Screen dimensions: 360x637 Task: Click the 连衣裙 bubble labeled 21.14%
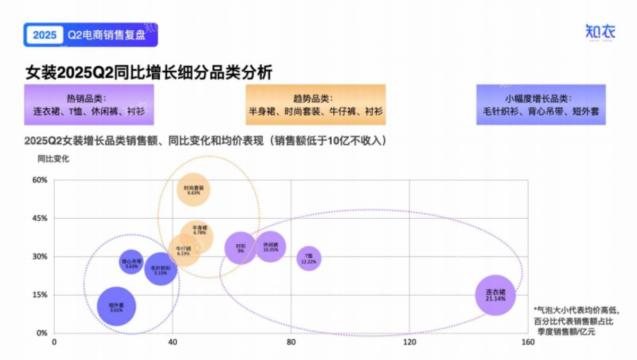495,295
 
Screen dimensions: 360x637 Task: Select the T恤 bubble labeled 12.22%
308,259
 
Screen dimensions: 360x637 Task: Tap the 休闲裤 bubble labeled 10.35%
271,246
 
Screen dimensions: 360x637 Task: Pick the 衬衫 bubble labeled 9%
241,248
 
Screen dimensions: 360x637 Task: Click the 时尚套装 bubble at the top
193,190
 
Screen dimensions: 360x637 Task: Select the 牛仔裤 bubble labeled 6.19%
183,251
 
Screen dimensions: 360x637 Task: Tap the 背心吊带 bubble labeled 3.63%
131,262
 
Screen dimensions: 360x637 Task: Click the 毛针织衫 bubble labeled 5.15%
160,269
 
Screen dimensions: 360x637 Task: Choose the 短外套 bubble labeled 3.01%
116,306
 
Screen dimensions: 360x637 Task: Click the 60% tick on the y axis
40,180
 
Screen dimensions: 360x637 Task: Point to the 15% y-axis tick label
40,295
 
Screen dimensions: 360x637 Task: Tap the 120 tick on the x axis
409,342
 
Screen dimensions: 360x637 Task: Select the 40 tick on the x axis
172,342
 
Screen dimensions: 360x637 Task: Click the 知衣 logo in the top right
600,31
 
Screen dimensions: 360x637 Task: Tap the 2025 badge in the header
44,35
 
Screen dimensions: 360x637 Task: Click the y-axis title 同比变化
53,158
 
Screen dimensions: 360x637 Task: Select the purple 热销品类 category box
89,105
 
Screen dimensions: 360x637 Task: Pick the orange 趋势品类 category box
315,105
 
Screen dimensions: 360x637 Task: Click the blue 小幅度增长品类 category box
540,105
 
